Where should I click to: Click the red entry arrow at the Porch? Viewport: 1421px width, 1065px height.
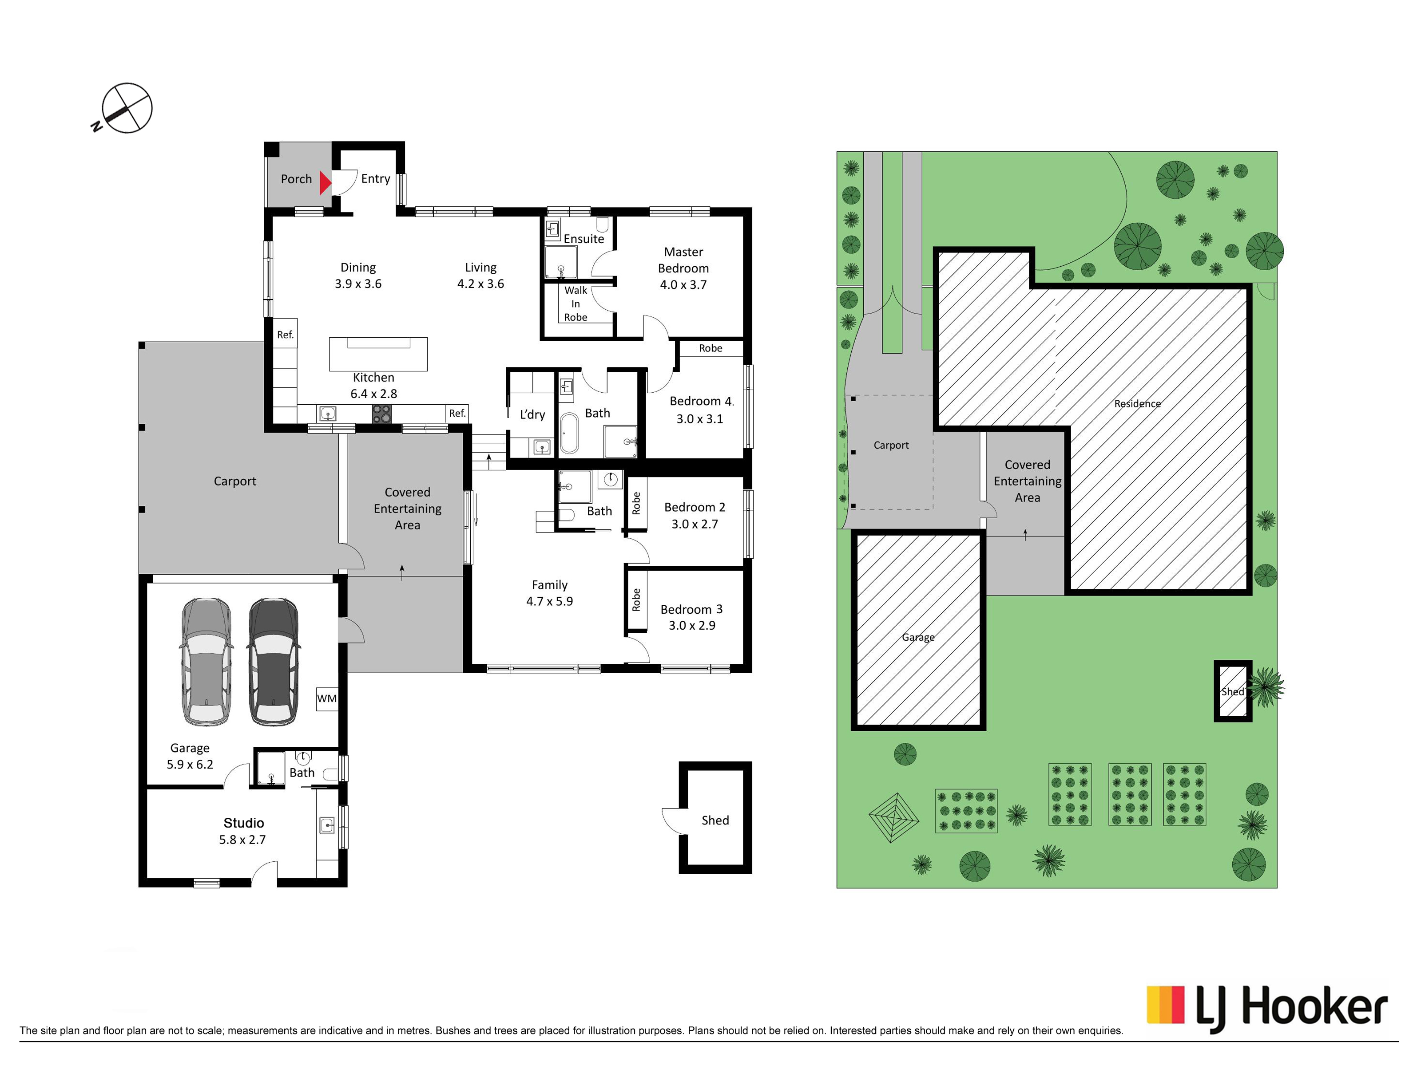coord(325,183)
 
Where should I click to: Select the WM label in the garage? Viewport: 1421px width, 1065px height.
coord(326,698)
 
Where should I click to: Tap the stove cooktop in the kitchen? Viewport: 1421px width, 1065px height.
coord(381,414)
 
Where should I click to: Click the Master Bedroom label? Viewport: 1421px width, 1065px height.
coord(683,260)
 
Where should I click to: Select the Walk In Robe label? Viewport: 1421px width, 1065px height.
coord(576,304)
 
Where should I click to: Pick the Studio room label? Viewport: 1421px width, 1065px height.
coord(243,823)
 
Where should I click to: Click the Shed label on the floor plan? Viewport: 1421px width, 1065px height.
coord(715,820)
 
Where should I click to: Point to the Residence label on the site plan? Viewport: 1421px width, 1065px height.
coord(1137,404)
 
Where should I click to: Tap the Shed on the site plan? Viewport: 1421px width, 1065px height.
coord(1233,691)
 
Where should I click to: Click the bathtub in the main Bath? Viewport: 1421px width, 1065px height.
coord(569,434)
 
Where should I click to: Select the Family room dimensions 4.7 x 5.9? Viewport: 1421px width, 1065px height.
coord(549,602)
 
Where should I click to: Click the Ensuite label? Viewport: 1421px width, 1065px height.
coord(584,239)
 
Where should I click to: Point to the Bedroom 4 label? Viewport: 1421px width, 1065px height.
coord(701,401)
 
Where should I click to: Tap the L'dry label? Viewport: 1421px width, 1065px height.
coord(532,415)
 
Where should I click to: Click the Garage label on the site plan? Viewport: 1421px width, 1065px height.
coord(918,638)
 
